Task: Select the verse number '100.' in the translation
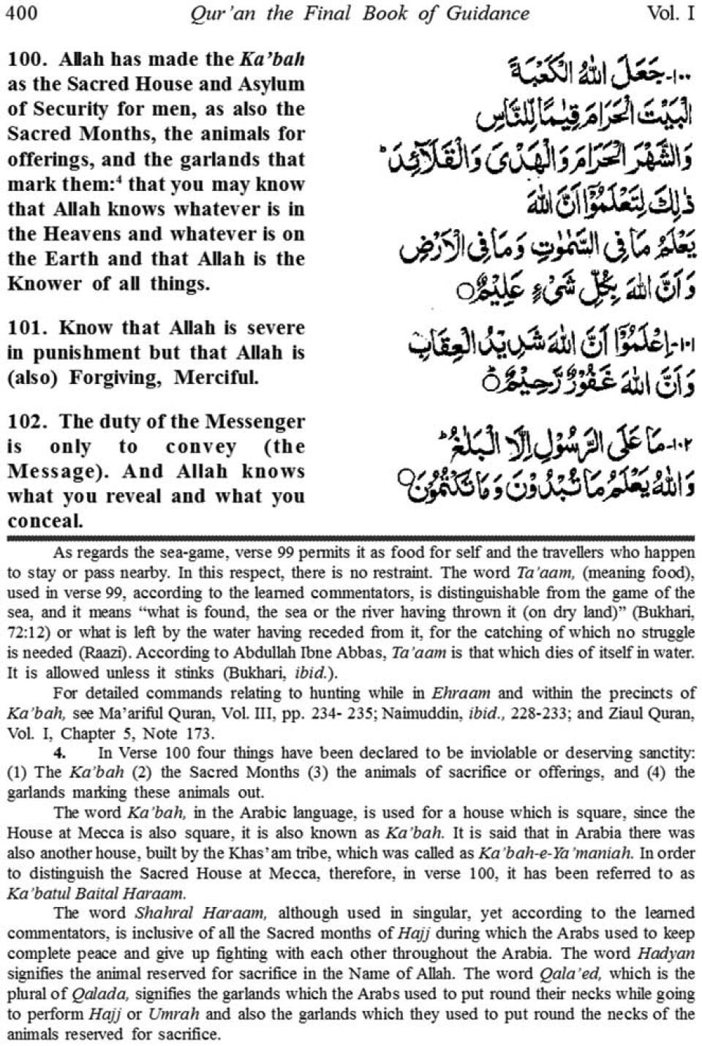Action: click(27, 59)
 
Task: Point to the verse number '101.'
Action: click(27, 328)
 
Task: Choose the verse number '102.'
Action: click(27, 421)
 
